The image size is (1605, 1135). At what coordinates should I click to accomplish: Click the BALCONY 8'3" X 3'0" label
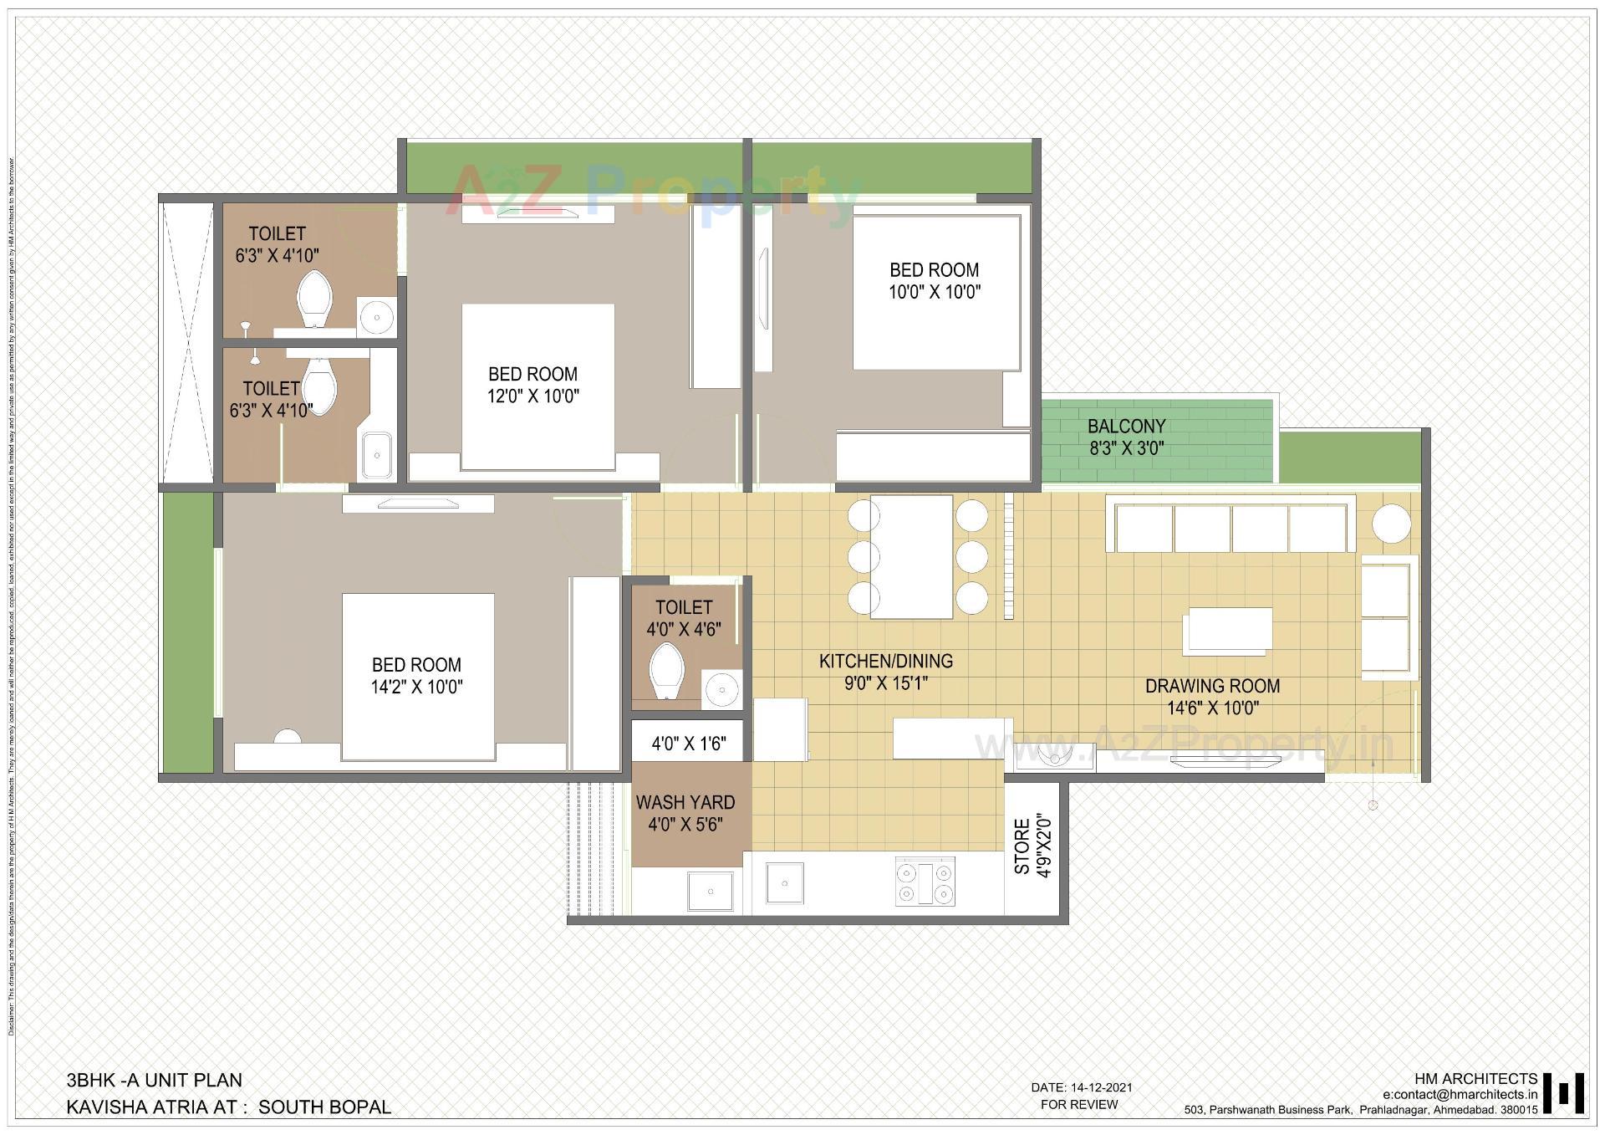click(x=1126, y=437)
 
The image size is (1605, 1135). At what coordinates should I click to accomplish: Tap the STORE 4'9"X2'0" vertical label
click(x=1032, y=847)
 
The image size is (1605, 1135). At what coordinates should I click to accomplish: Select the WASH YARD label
click(x=685, y=803)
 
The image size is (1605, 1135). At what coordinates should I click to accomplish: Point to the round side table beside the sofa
click(x=1391, y=524)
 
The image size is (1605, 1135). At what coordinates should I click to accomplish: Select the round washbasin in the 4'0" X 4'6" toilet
click(x=721, y=690)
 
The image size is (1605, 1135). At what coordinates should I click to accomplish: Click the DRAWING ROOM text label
click(x=1212, y=686)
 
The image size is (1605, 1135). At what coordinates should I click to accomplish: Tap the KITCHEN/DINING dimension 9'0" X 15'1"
click(x=885, y=683)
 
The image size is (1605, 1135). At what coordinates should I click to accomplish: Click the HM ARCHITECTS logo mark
click(x=1563, y=1094)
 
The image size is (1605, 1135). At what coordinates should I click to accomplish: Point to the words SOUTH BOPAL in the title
click(x=324, y=1107)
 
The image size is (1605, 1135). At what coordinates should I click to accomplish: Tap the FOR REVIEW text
click(x=1078, y=1105)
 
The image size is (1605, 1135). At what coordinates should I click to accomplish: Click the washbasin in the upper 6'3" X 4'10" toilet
click(x=378, y=317)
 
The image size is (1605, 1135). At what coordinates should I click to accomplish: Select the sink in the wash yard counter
click(x=711, y=891)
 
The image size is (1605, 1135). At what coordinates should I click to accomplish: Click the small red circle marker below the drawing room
click(x=1372, y=805)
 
